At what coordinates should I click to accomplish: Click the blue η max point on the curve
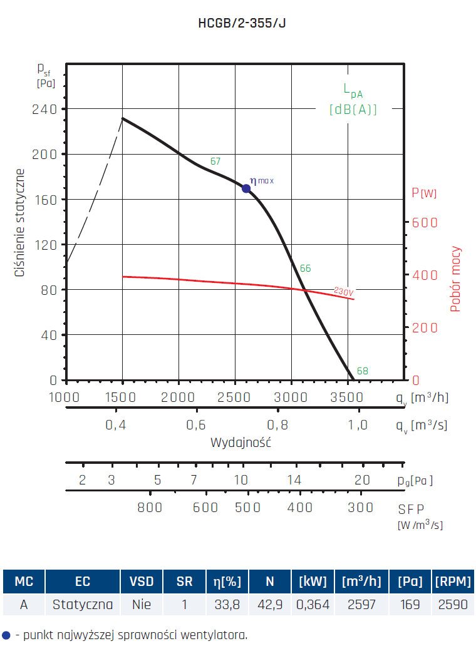point(246,188)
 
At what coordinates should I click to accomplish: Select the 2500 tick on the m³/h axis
point(235,396)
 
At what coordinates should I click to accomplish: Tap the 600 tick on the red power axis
point(425,223)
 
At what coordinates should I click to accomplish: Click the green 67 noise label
point(215,161)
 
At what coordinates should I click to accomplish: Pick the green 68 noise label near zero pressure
point(362,371)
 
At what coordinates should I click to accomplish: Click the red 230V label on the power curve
point(344,292)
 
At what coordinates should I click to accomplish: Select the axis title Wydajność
point(241,443)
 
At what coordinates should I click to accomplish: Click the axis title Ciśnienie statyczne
point(21,223)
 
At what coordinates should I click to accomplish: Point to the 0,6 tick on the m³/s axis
point(196,425)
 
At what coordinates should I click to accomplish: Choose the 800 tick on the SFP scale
point(150,508)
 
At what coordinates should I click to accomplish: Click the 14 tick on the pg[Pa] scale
point(294,480)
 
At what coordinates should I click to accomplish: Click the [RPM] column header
point(452,582)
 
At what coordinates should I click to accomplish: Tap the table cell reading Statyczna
point(83,605)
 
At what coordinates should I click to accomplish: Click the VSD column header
point(141,582)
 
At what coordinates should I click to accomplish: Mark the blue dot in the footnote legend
point(6,635)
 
